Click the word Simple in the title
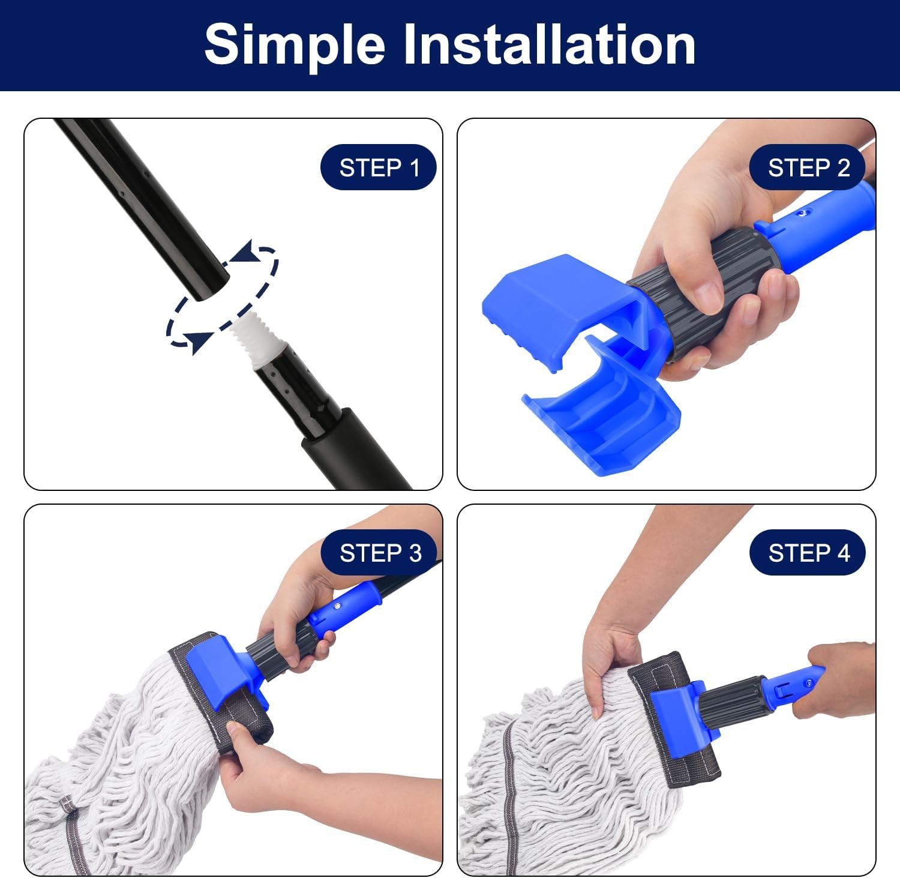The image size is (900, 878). (294, 45)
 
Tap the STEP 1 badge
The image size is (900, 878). (379, 167)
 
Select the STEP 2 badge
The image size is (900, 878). (808, 167)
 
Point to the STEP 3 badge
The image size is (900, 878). (380, 553)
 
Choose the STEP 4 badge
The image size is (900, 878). (808, 553)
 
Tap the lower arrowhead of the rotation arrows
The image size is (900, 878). (199, 341)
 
